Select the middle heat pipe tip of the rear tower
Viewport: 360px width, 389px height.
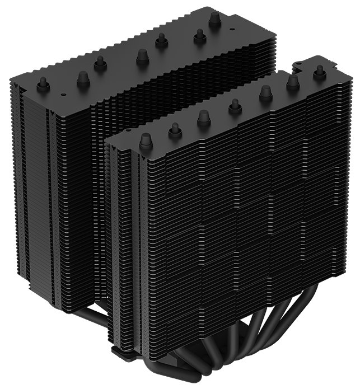[142, 56]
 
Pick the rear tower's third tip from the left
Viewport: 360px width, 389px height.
[100, 62]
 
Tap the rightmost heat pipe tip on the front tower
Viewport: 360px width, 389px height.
[320, 71]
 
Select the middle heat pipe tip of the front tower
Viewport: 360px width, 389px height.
[235, 106]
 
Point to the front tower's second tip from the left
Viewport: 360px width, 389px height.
[175, 129]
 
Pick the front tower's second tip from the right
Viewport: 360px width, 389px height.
[292, 81]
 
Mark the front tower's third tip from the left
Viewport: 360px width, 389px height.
[203, 116]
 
